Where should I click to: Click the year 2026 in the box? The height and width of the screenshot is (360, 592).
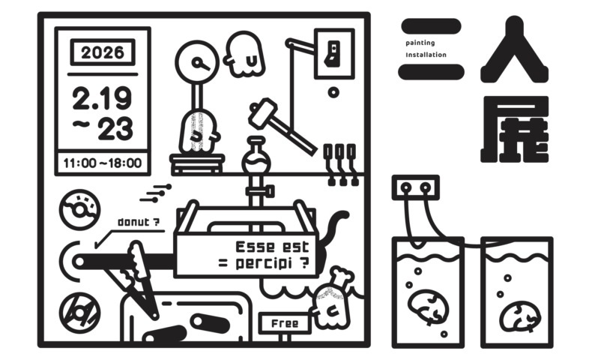[103, 53]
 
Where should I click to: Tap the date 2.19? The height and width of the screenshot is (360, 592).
[102, 98]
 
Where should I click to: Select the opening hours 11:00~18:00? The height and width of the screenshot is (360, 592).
[103, 161]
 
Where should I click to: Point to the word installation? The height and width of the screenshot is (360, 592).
[426, 55]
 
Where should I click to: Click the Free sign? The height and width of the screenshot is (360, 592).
[284, 323]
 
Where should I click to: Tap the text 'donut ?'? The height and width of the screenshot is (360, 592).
[139, 222]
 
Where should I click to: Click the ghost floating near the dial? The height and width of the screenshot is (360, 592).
[245, 55]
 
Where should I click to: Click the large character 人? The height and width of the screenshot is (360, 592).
[514, 51]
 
